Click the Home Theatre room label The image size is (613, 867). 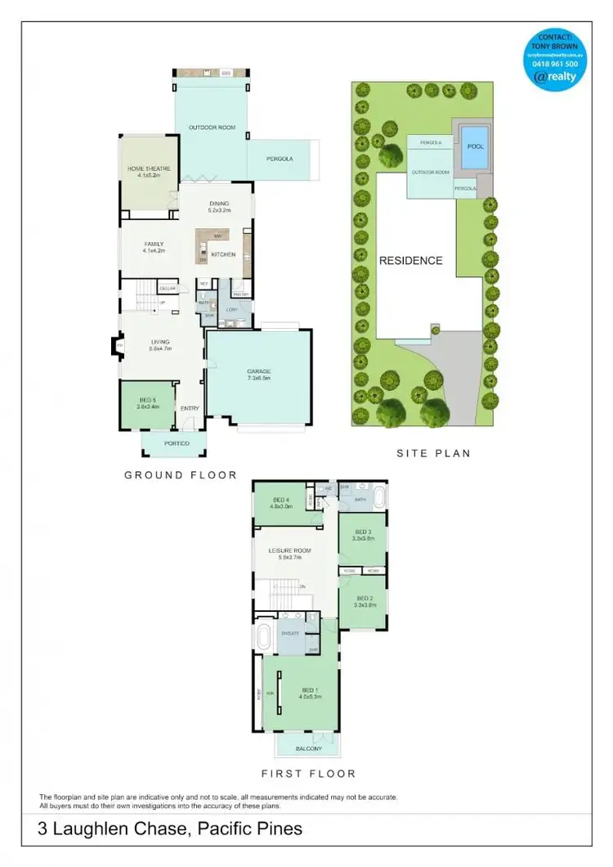(149, 168)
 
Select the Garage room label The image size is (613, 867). (258, 371)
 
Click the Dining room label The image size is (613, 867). (219, 204)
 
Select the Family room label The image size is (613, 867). (154, 244)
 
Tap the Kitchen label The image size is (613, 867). (223, 254)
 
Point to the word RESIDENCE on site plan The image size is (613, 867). (410, 261)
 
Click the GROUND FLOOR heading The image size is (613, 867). (180, 474)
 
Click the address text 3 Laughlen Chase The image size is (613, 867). (105, 829)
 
